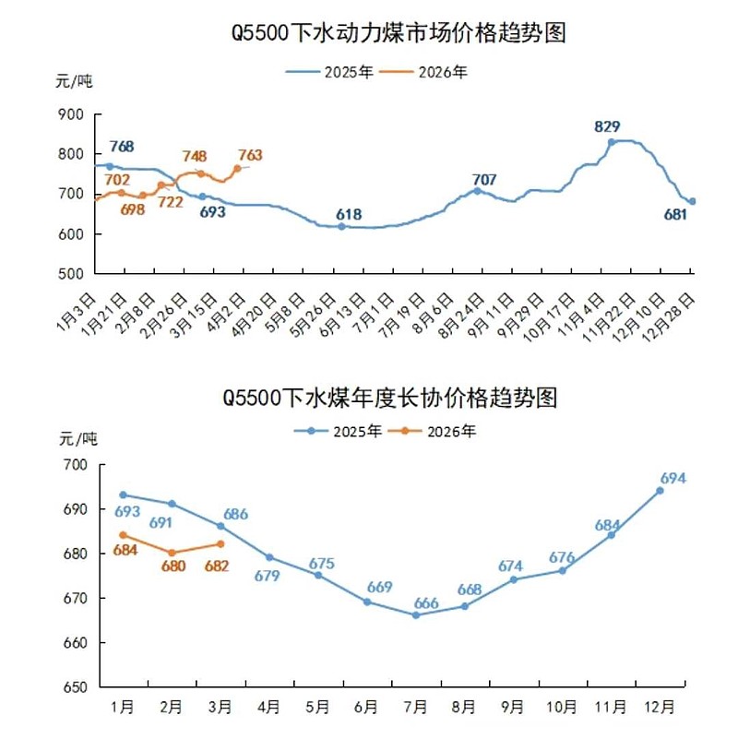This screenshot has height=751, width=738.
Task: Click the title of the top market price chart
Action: pos(398,34)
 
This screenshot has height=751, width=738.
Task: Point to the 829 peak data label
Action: pos(607,126)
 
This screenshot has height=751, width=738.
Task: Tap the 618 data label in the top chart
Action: pos(348,214)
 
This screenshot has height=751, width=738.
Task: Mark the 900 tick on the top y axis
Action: pos(70,114)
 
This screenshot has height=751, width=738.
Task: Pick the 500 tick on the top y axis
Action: pos(70,274)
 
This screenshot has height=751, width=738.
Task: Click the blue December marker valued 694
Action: pos(660,491)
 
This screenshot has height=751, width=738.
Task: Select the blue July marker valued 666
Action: pos(415,614)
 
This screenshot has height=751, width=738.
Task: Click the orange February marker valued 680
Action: pos(172,553)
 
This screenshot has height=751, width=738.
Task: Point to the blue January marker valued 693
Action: pos(123,495)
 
